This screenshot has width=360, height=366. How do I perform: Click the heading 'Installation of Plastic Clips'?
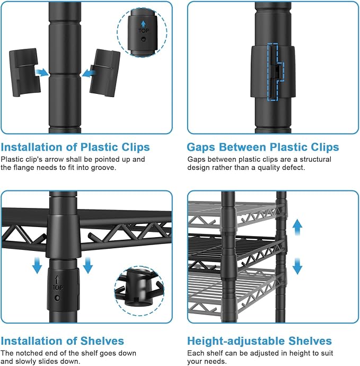pos(75,147)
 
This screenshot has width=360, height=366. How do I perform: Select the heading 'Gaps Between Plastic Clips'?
pos(263,147)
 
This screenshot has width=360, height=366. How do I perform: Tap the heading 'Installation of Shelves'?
pos(62,341)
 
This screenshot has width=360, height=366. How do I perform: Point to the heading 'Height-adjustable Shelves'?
pos(259,341)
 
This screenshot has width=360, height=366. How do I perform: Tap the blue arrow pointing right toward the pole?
pos(42,72)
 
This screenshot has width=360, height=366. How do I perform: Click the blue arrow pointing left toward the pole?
pos(89,73)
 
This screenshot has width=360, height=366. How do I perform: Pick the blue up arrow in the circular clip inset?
pos(144,23)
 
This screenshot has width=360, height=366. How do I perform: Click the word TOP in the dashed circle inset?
pos(144,31)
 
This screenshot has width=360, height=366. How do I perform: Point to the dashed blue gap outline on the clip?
pos(275,72)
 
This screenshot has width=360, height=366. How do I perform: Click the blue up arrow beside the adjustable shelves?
pos(297,228)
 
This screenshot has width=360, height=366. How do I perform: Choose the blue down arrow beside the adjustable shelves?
pos(297,266)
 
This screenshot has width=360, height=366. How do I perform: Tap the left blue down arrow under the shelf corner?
pos(37,265)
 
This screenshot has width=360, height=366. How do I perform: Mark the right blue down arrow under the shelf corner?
pos(87,265)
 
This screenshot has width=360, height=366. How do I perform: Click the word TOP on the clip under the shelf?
pos(57,287)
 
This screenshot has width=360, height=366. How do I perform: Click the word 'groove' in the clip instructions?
pos(103,168)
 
